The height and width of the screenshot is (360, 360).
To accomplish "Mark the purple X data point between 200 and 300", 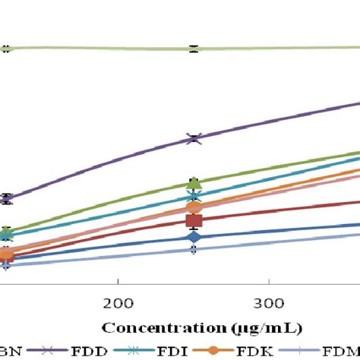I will pos(194,138).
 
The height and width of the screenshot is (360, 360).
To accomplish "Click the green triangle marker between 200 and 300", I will pos(194,183).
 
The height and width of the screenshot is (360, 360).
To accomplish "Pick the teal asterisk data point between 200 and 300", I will pos(194,197).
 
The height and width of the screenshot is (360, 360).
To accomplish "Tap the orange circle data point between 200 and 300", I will pos(194,207).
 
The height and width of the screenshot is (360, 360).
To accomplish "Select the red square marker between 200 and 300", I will pos(194,221).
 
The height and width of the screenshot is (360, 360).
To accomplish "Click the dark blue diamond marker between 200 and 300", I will pos(194,237).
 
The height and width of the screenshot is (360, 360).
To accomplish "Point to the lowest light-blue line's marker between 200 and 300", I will pos(194,249).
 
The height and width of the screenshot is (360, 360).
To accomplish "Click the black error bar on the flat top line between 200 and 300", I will pos(194,49).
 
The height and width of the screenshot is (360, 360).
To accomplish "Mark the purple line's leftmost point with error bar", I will pos(6,199).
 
